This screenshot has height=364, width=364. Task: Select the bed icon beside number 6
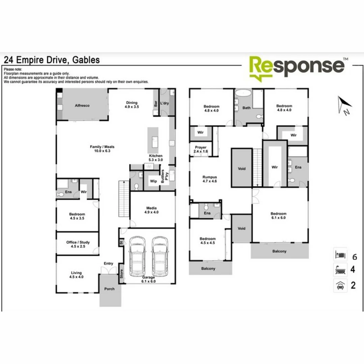click(340, 254)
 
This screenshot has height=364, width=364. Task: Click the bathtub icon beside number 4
click(340, 270)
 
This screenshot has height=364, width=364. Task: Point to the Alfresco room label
click(82, 105)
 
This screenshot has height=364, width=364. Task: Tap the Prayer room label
click(201, 149)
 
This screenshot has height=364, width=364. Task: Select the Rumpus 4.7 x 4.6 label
click(210, 179)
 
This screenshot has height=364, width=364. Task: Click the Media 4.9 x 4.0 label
click(151, 210)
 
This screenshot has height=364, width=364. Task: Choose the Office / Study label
click(78, 244)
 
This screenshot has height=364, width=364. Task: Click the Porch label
click(109, 289)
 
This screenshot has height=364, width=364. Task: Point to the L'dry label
click(164, 103)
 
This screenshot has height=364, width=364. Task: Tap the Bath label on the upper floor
click(247, 108)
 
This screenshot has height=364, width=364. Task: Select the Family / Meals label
click(102, 149)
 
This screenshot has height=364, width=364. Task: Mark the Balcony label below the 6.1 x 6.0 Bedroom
click(279, 251)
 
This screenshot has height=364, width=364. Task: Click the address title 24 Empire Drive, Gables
click(52, 60)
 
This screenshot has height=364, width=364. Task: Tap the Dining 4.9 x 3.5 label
click(132, 104)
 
